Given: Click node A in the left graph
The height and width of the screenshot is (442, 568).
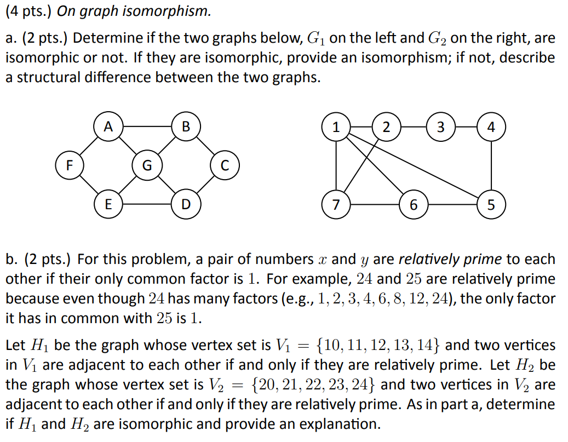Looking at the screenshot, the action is [108, 127].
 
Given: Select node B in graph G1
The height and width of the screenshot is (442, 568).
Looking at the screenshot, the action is [186, 127].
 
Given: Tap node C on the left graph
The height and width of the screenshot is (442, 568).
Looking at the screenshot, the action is [224, 165].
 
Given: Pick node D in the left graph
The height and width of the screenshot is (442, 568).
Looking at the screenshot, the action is [186, 204].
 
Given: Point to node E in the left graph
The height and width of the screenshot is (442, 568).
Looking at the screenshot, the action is [108, 204].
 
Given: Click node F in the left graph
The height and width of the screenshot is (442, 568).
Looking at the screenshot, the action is [70, 165].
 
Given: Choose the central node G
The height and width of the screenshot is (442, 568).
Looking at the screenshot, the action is [147, 165].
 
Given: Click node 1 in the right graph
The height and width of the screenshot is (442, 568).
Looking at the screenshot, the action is [336, 127].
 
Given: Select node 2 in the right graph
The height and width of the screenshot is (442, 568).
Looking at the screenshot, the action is [387, 127].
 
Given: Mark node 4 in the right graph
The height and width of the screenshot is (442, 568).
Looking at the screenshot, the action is [491, 127].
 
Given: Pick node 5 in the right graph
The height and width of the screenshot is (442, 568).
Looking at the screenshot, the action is [491, 205].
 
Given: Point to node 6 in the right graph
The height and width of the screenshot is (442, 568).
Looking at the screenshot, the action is [414, 205].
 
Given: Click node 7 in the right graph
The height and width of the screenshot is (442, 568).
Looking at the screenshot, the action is [336, 205].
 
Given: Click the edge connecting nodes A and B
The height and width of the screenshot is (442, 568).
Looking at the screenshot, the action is [147, 127].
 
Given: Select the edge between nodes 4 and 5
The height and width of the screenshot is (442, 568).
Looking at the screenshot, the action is [491, 166].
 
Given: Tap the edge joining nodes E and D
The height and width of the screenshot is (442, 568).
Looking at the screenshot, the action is [147, 204].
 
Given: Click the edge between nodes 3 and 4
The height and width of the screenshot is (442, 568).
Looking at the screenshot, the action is [466, 127].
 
